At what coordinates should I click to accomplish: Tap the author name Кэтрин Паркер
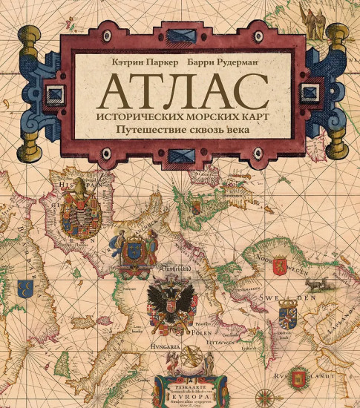click(x=139, y=65)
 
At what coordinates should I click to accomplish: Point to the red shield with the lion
click(x=281, y=264)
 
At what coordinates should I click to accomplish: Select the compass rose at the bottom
click(x=258, y=398)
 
